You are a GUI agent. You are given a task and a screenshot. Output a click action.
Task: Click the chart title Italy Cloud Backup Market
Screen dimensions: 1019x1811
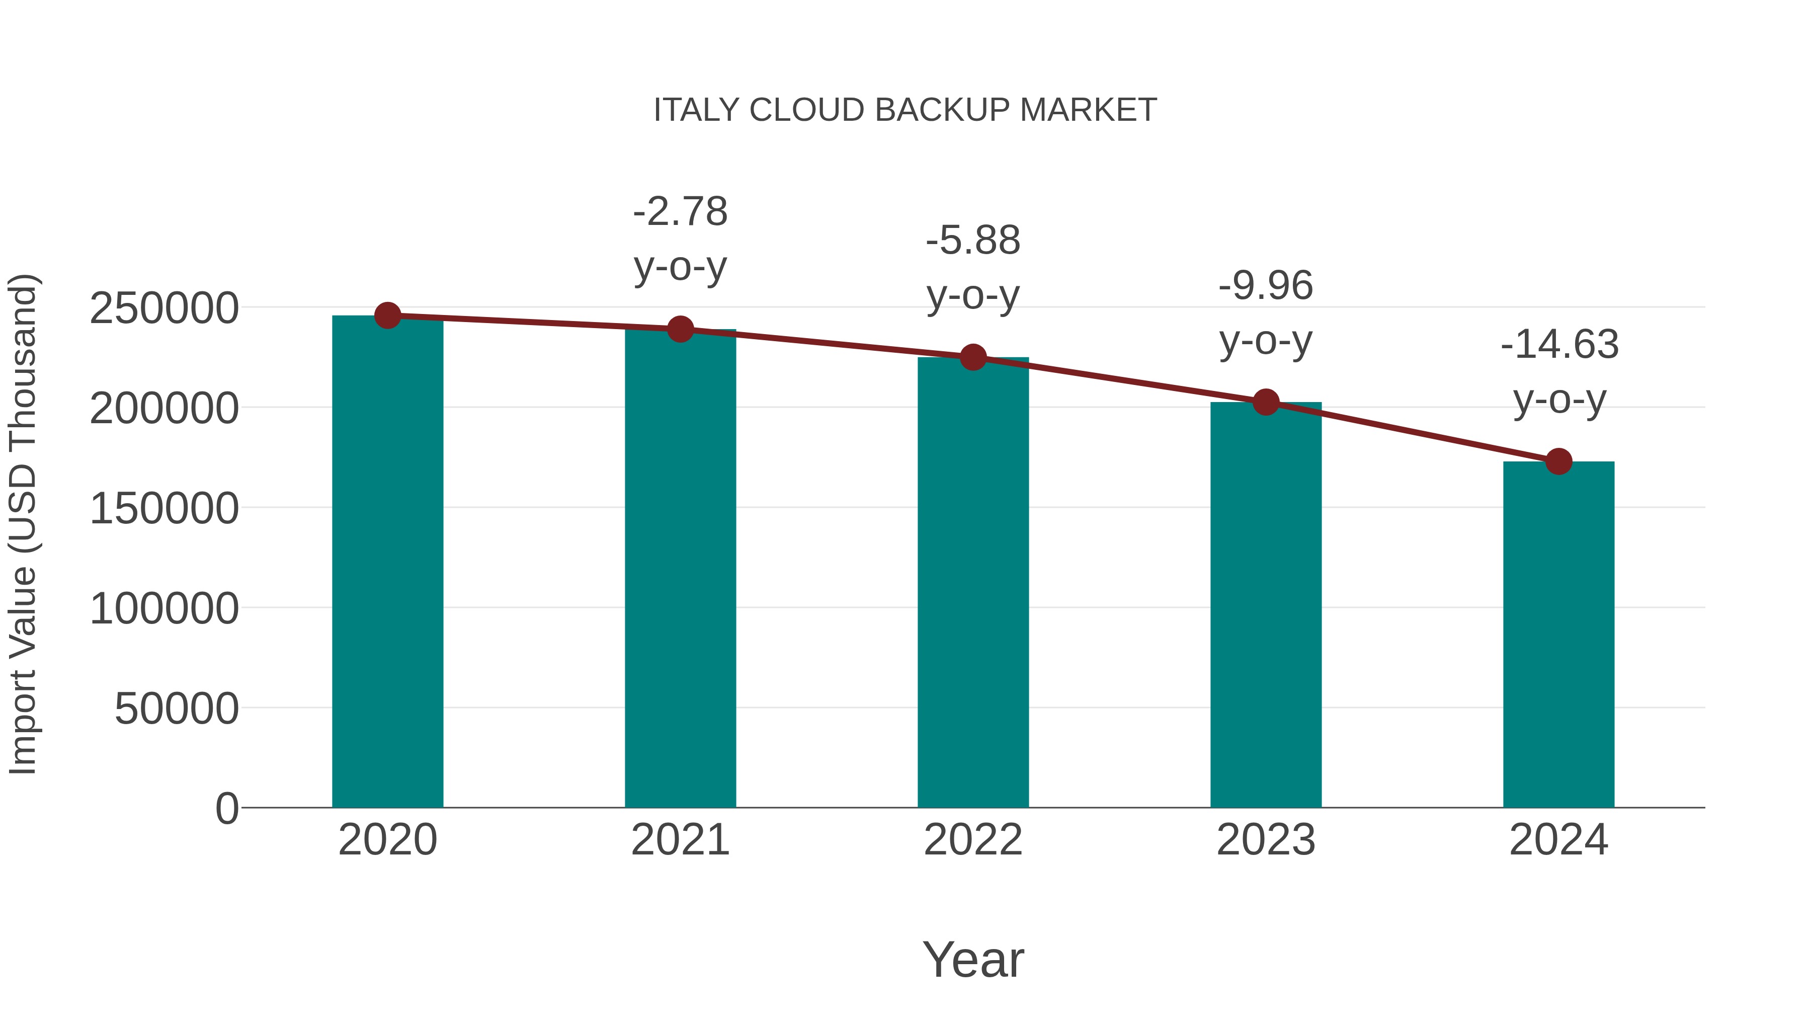(905, 110)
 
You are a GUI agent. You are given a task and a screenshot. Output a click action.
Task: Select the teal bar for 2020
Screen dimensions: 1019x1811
(387, 563)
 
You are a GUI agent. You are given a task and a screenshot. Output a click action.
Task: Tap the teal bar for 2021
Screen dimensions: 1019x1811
(680, 570)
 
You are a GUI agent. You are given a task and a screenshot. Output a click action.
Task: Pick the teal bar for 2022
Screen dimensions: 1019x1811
(973, 584)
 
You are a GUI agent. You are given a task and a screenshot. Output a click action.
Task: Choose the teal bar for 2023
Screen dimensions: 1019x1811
(1266, 605)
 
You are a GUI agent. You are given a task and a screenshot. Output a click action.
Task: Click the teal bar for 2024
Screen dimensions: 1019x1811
(1558, 633)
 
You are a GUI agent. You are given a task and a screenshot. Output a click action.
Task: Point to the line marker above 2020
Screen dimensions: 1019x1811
(387, 316)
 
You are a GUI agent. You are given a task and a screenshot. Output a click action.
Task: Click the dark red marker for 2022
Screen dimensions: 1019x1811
(973, 357)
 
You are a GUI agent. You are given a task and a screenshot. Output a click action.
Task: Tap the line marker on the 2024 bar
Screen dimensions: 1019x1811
(1558, 461)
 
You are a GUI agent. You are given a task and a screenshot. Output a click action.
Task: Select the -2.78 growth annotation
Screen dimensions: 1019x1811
(680, 212)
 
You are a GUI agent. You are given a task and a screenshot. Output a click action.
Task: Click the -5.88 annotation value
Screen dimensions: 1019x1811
(973, 241)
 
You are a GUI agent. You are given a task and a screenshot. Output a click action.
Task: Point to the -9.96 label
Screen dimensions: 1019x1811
(1266, 286)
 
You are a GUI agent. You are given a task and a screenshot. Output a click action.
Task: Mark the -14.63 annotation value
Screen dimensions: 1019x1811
(1559, 345)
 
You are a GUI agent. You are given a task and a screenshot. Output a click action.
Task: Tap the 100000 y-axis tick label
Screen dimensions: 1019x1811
(164, 608)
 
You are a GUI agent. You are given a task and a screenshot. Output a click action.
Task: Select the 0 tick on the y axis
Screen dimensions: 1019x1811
(226, 808)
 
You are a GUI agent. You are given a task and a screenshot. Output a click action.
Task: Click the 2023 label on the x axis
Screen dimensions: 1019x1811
(1266, 840)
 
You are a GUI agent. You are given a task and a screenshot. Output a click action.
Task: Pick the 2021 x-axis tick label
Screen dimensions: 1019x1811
(680, 840)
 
